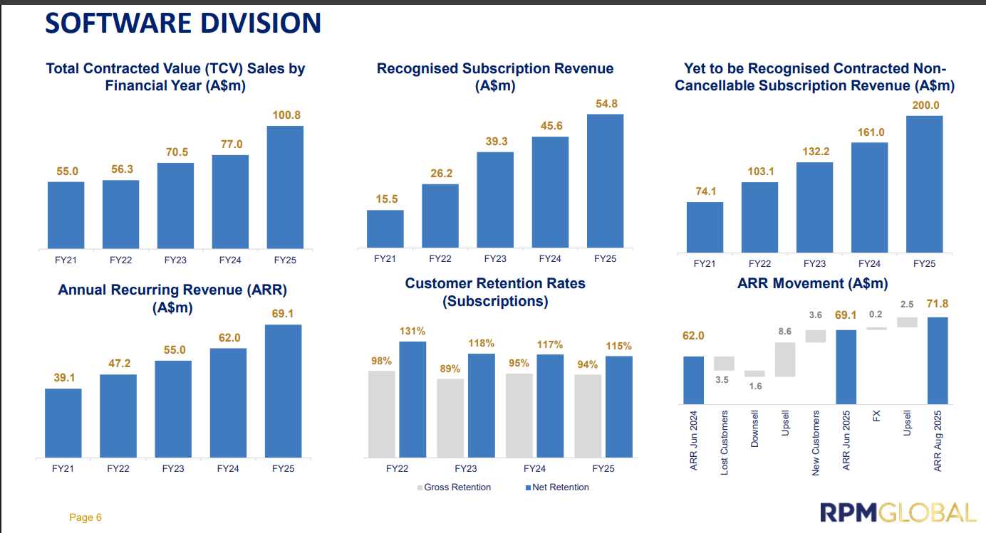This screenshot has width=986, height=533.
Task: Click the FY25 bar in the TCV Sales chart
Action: pyautogui.click(x=284, y=187)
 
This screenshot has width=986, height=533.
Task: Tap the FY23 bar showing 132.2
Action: pyautogui.click(x=814, y=207)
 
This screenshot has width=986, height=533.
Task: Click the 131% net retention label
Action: pyautogui.click(x=412, y=331)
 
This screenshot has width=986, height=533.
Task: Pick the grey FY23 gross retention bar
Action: pyautogui.click(x=450, y=418)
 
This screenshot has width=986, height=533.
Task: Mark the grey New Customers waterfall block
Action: pyautogui.click(x=816, y=336)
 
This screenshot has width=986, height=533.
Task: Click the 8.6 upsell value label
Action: pyautogui.click(x=785, y=332)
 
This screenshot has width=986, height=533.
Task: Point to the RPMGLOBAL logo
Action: pyautogui.click(x=898, y=513)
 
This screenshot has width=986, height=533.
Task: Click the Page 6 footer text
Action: pyautogui.click(x=85, y=517)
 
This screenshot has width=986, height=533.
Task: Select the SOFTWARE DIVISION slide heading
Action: pyautogui.click(x=183, y=23)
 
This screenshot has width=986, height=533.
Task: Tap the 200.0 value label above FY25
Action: pyautogui.click(x=925, y=105)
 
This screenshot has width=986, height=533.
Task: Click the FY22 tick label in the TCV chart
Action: pyautogui.click(x=121, y=260)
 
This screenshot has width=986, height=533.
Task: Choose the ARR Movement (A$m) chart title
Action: pyautogui.click(x=812, y=284)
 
